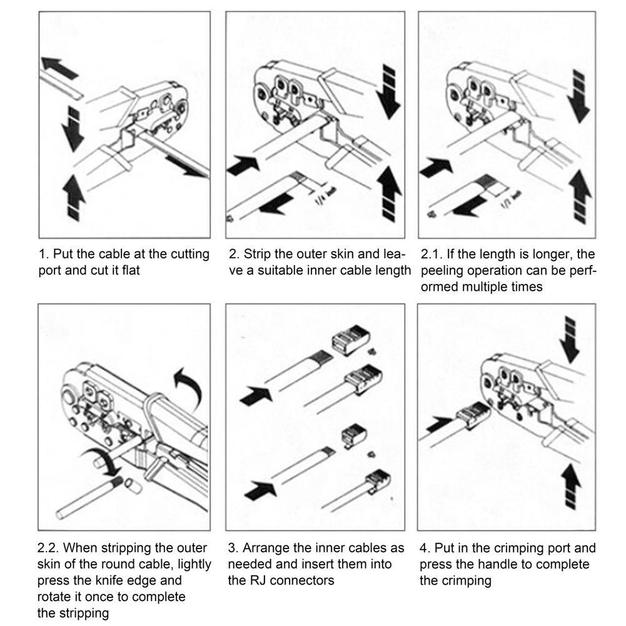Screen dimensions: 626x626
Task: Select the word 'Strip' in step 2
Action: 259,255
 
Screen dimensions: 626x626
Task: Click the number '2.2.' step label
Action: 48,548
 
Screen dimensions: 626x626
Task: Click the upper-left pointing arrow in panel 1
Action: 59,67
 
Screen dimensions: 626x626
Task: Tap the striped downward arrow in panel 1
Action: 73,129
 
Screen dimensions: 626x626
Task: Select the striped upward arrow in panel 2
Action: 389,193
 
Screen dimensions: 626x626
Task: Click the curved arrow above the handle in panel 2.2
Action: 189,386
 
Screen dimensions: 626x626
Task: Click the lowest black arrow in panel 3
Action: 260,490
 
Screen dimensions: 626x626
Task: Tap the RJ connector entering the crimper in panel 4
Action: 473,415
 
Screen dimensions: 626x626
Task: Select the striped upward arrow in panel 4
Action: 572,487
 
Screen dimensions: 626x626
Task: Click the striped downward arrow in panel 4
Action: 570,340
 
